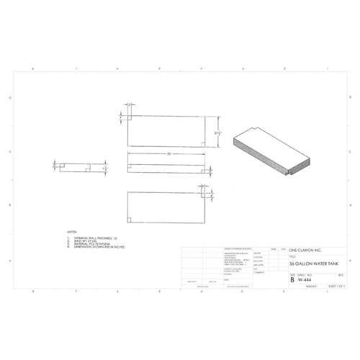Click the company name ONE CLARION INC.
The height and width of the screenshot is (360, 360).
[305, 250]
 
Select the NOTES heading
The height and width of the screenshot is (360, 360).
[71, 232]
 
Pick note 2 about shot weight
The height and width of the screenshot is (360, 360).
[86, 240]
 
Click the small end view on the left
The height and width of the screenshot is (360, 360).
[73, 167]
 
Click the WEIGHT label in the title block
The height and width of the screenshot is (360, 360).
[311, 286]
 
